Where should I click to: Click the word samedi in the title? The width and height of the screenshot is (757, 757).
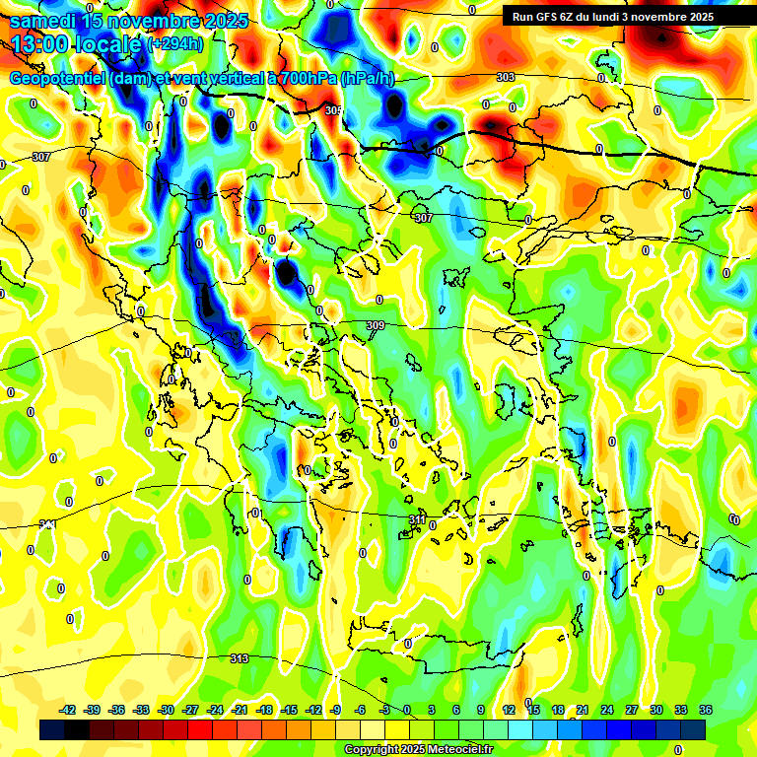coord(43,21)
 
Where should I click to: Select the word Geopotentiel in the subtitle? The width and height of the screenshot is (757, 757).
coord(58,79)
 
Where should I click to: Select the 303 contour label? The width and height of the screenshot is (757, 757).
coord(506,77)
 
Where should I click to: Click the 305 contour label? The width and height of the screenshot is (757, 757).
coord(333,111)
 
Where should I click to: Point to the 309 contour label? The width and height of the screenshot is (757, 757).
coord(376,326)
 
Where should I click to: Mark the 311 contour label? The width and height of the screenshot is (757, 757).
coord(418,519)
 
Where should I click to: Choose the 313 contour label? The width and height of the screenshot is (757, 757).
coord(239,658)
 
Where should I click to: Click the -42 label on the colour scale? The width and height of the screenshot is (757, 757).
coord(68,710)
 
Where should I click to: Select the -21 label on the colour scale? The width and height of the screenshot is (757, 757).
coord(239,710)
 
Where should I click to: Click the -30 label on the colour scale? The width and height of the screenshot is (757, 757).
coord(166,710)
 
